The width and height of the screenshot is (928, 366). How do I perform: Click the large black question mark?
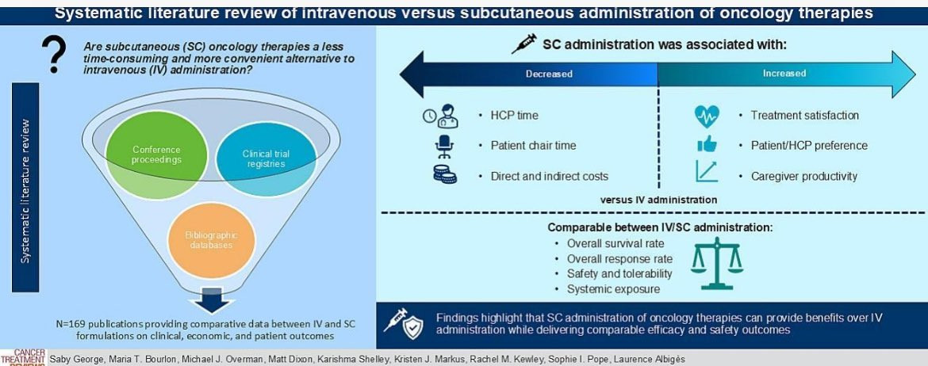[55, 56]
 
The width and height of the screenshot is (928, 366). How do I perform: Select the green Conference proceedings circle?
[156, 155]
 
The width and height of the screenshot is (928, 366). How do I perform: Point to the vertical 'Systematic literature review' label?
[26, 191]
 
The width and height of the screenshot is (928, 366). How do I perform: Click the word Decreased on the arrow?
[548, 74]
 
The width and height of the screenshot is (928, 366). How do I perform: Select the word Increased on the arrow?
[784, 74]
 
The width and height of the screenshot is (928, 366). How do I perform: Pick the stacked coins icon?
[444, 176]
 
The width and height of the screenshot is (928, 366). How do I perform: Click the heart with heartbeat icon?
[707, 116]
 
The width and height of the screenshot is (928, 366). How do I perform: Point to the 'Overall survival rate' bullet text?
[615, 244]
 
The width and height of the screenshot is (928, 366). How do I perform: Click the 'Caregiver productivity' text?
[803, 176]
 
